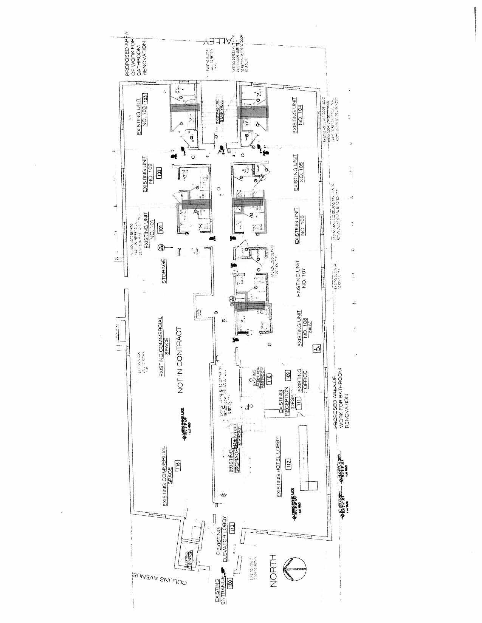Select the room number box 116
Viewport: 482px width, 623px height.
click(178, 465)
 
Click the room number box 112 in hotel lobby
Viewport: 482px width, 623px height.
click(289, 463)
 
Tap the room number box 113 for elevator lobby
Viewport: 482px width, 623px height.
click(232, 527)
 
